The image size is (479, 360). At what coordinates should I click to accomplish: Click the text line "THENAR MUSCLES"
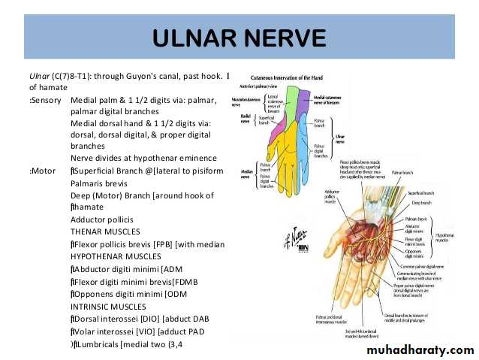[105, 231]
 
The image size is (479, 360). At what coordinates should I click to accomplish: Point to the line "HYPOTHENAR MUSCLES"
[116, 256]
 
